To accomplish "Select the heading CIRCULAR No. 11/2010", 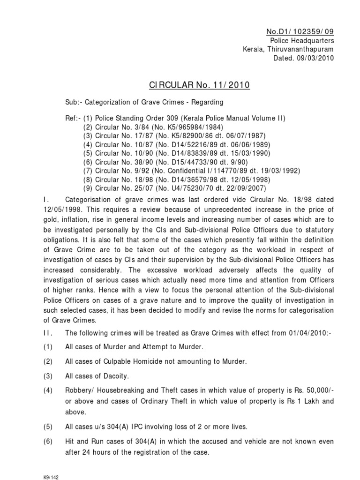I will click(199, 85).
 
